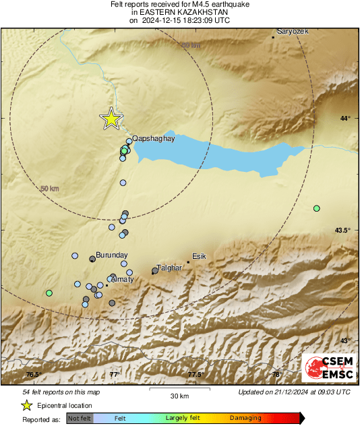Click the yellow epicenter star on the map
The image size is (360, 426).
(x=111, y=119)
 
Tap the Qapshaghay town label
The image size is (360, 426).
(x=154, y=138)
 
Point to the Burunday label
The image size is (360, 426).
(x=111, y=256)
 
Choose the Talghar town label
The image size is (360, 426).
(x=170, y=268)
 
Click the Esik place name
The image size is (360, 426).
(x=199, y=256)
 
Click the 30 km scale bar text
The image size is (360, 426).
(x=179, y=396)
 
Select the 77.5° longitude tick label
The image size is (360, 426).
(x=196, y=375)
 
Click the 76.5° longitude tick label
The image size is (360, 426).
(x=34, y=375)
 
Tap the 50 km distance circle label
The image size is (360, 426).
(x=50, y=189)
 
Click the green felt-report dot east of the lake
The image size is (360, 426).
(x=316, y=208)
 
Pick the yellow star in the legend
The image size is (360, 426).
(x=26, y=405)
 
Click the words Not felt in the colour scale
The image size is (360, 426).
(x=80, y=419)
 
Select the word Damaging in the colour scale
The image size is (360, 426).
(x=245, y=419)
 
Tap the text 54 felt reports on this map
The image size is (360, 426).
(x=61, y=392)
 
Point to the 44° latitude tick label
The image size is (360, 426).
(x=345, y=119)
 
